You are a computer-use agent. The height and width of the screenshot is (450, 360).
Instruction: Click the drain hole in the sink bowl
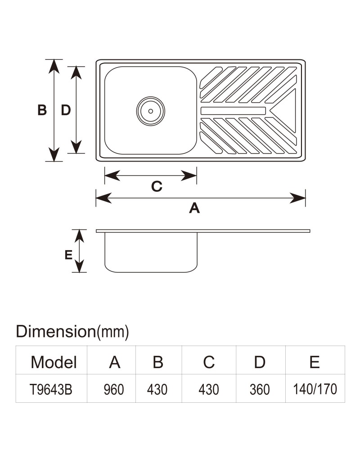pyautogui.click(x=150, y=111)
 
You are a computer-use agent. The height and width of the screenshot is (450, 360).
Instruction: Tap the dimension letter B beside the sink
pyautogui.click(x=42, y=110)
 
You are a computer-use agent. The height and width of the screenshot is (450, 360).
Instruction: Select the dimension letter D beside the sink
pyautogui.click(x=66, y=110)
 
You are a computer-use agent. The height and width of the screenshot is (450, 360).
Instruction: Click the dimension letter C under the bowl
pyautogui.click(x=157, y=187)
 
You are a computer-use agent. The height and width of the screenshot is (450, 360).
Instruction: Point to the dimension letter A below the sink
pyautogui.click(x=194, y=208)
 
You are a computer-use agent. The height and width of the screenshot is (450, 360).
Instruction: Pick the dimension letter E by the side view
pyautogui.click(x=68, y=255)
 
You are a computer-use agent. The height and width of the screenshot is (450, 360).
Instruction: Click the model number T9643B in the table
pyautogui.click(x=51, y=389)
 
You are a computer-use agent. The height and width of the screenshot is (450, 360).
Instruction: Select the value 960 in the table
pyautogui.click(x=114, y=389)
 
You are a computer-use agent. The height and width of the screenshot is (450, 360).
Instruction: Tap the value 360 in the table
pyautogui.click(x=260, y=389)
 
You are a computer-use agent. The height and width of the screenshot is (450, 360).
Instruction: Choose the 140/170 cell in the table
pyautogui.click(x=315, y=389)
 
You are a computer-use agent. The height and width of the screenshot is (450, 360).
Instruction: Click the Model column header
pyautogui.click(x=54, y=362)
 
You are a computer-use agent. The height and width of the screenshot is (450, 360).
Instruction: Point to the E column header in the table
pyautogui.click(x=315, y=362)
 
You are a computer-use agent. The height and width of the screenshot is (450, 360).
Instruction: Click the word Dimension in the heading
pyautogui.click(x=56, y=332)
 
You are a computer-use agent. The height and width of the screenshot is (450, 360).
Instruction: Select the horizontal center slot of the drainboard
pyautogui.click(x=233, y=111)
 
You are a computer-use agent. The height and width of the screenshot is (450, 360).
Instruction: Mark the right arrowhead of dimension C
pyautogui.click(x=189, y=175)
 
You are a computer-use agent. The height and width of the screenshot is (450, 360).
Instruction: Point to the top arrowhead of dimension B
pyautogui.click(x=54, y=67)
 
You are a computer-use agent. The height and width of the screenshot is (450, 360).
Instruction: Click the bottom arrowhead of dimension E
pyautogui.click(x=79, y=266)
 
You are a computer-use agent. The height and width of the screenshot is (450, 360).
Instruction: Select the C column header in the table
pyautogui.click(x=209, y=362)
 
